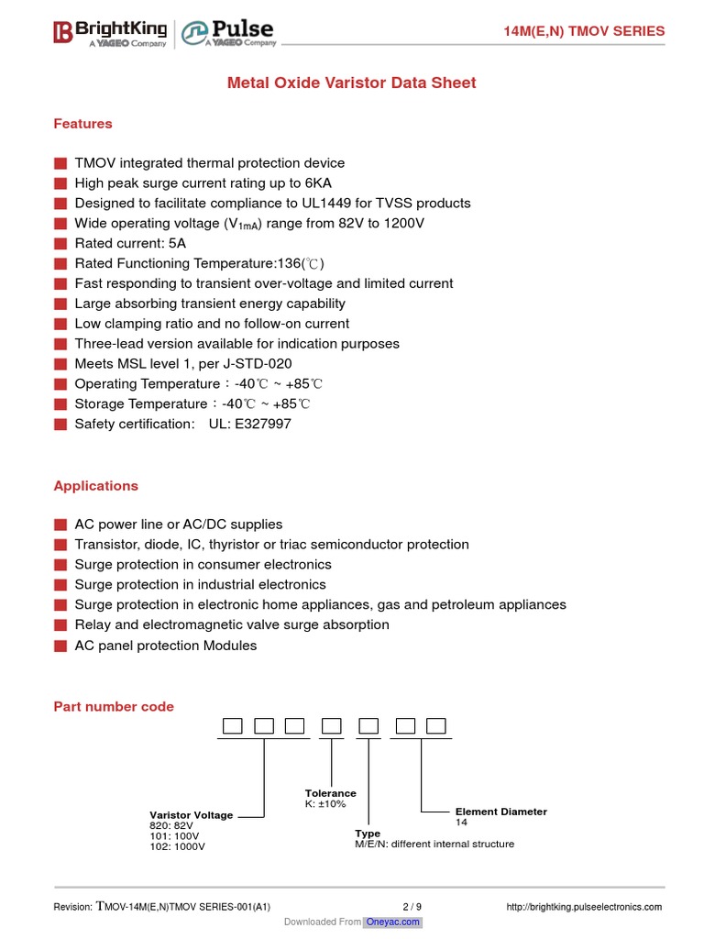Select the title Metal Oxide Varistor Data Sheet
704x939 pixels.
pos(351,83)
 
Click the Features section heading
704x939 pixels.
pos(82,124)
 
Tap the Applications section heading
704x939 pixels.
pos(95,486)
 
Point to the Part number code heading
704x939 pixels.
pos(114,706)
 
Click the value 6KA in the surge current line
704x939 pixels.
pos(318,183)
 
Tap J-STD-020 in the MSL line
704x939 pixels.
pos(252,364)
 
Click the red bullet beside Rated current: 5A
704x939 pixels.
pos(60,244)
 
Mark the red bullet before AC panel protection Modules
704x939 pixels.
pos(60,646)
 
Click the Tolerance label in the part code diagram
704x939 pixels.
pos(330,793)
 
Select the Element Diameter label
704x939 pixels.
pos(500,812)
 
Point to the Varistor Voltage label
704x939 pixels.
pos(191,815)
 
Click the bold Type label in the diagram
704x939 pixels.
pos(368,834)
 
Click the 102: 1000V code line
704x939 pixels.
pos(177,846)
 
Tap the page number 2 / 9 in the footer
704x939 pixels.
pos(412,907)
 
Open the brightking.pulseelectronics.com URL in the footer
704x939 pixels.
pos(584,907)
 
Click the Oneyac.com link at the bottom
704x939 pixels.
pos(393,922)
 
